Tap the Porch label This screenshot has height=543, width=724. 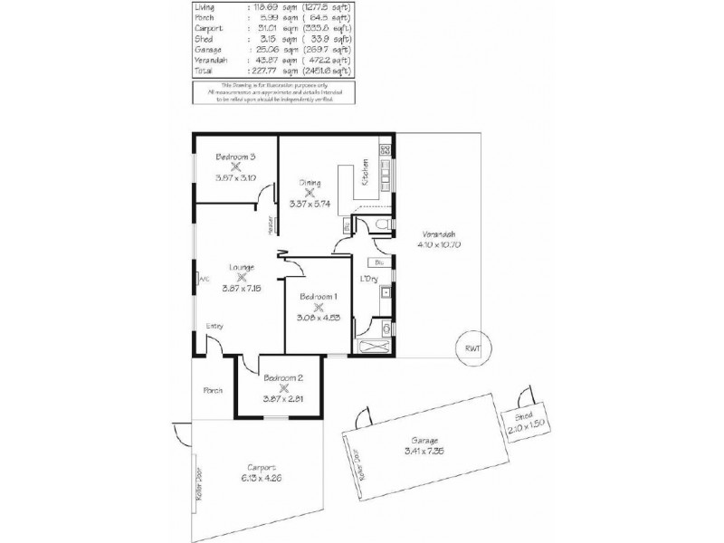click(x=212, y=391)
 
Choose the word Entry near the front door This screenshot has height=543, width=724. click(x=214, y=326)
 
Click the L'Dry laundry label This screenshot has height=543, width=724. click(x=368, y=278)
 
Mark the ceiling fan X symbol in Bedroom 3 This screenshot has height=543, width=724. click(x=234, y=167)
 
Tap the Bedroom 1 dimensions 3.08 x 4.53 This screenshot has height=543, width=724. click(x=318, y=318)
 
